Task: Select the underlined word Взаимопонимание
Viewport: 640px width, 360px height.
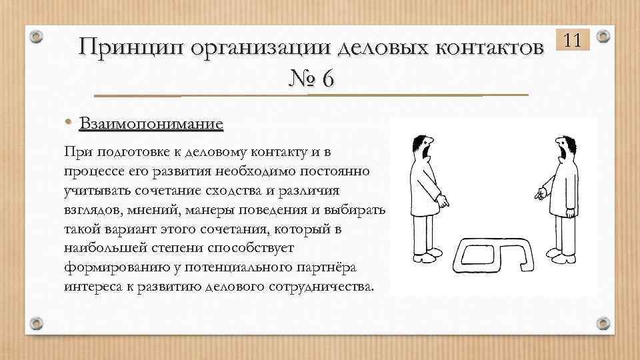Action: (151, 124)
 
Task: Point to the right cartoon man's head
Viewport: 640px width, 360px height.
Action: (563, 148)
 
